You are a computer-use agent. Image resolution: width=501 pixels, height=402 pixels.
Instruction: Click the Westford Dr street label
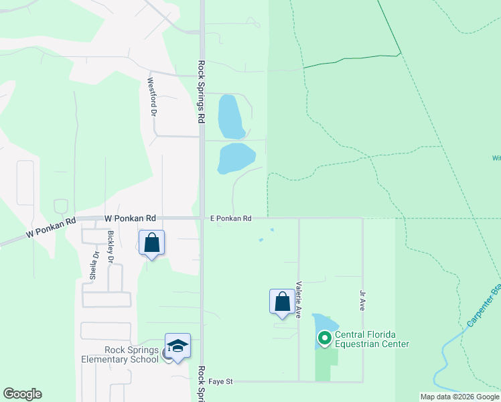(151, 97)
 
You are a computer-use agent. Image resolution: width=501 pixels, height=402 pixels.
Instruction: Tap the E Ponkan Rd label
(230, 218)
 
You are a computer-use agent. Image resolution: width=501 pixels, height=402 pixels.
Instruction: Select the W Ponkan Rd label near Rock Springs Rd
(130, 218)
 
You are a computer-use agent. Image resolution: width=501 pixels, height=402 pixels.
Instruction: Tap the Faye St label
(220, 381)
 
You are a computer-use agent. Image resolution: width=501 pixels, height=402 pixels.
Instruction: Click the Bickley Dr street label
(111, 247)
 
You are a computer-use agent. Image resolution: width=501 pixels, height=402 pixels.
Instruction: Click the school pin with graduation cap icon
(177, 346)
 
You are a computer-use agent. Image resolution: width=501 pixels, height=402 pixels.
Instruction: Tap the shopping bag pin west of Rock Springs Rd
(151, 243)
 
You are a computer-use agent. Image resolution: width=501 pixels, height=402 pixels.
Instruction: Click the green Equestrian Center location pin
(325, 338)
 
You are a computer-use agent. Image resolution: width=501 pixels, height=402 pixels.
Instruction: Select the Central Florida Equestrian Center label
(372, 340)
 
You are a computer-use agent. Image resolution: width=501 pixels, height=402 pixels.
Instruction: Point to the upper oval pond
(231, 116)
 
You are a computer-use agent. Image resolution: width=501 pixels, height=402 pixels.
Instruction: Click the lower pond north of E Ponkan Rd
(236, 157)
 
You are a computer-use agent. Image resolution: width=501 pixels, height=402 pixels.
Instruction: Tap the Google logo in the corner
(22, 394)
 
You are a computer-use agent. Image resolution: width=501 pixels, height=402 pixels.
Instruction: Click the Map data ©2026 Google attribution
(459, 397)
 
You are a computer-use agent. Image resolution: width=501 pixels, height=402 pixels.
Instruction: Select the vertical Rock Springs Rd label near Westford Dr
(201, 91)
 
